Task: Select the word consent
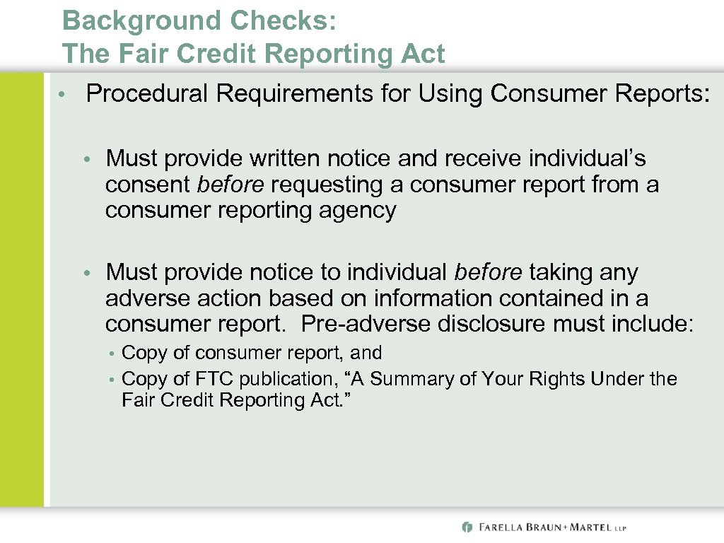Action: tap(148, 185)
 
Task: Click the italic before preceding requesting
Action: tap(231, 185)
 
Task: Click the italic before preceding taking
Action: tap(489, 272)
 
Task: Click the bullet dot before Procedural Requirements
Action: tap(62, 95)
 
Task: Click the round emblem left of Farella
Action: tap(467, 527)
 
